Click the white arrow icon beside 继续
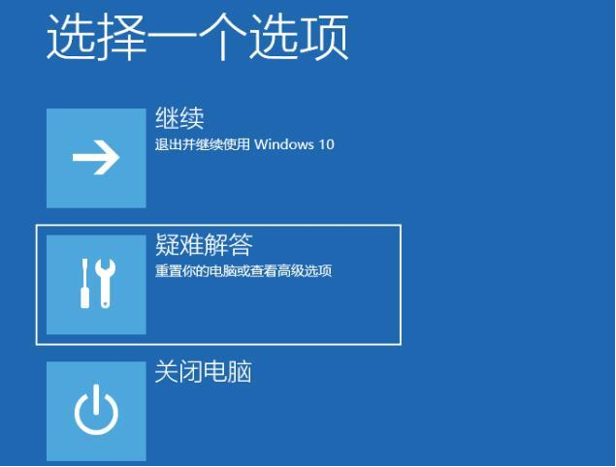coord(96,159)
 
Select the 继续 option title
coord(179,119)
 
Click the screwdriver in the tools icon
coord(84,285)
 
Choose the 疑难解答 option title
coord(204,246)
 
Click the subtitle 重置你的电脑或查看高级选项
coord(243,270)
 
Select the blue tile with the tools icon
coord(96,285)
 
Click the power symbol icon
coord(96,412)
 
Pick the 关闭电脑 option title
coord(204,372)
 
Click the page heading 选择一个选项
coord(197,39)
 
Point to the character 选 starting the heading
coord(70,39)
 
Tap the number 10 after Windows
coord(326,144)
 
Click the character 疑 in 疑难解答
coord(168,246)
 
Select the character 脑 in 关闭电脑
coord(241,372)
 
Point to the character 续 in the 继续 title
coord(192,119)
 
